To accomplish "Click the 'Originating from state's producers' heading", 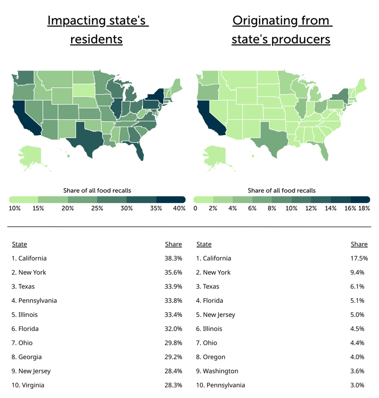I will coord(281,30).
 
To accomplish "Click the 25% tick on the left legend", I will coord(97,208).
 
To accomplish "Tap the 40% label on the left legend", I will coord(178,208).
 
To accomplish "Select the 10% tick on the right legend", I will coord(291,208).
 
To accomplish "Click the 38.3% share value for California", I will coord(174,258).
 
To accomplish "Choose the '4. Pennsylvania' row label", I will coord(34,300).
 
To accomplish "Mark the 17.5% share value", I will coord(359,258).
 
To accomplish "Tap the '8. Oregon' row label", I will coord(210,357).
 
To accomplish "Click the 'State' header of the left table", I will coord(19,244).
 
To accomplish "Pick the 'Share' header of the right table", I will coord(359,244).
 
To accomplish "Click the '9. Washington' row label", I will coord(217,371).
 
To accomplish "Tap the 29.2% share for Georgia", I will coord(174,357).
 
